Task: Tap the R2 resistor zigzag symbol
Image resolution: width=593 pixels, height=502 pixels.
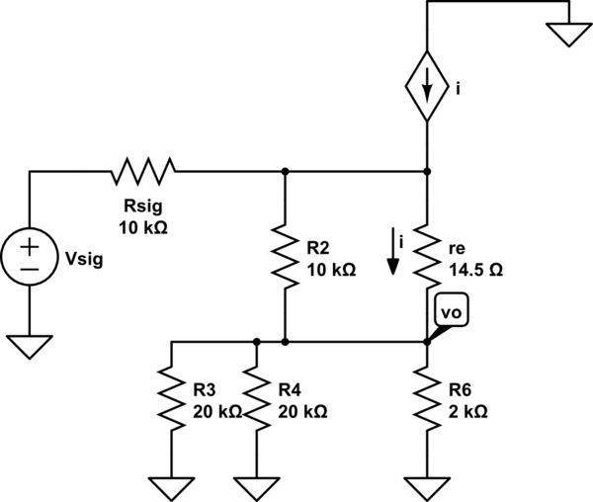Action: coord(285,256)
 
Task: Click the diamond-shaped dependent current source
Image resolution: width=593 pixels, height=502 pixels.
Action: coord(427,87)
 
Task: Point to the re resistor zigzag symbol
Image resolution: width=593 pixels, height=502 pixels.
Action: coord(427,256)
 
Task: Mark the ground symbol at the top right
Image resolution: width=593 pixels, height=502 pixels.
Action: coord(568,35)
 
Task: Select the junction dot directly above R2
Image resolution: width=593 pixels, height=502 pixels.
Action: coord(285,171)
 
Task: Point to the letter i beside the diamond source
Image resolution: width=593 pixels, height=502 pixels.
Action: coord(457,90)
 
